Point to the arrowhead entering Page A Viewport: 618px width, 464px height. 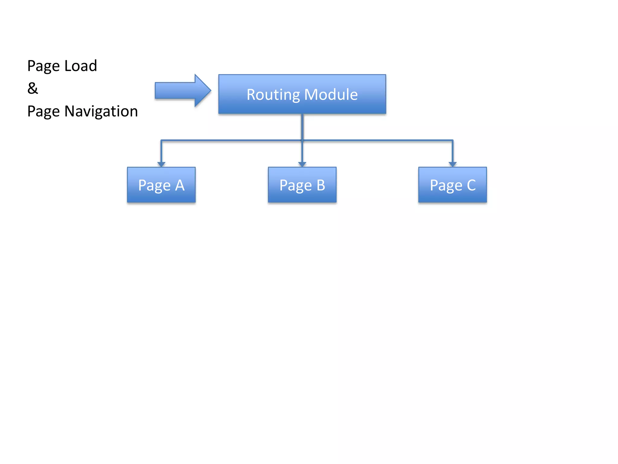tap(161, 164)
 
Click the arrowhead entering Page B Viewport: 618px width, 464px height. tap(302, 164)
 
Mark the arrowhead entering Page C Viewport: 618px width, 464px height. tap(452, 164)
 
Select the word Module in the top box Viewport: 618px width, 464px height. tap(331, 95)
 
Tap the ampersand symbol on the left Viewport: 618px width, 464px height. tap(33, 88)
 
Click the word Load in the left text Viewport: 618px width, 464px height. tap(81, 66)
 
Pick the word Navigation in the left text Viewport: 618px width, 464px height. tap(101, 111)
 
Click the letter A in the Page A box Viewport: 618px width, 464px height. tap(180, 185)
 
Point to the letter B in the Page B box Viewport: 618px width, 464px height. tap(321, 185)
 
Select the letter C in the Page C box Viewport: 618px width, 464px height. tap(471, 185)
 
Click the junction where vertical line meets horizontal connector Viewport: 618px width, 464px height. tap(302, 140)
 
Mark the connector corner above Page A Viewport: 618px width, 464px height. tap(161, 140)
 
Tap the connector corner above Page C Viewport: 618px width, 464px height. tap(452, 140)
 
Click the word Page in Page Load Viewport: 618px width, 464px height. tap(43, 66)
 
